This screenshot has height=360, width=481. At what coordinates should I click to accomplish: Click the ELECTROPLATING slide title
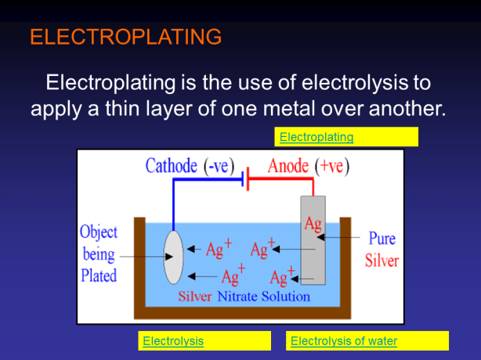click(x=125, y=37)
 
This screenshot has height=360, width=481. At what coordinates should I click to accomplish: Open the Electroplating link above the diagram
click(x=316, y=138)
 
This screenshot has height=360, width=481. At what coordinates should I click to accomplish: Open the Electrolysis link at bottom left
click(x=172, y=341)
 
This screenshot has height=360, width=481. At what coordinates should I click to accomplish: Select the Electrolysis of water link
click(x=344, y=341)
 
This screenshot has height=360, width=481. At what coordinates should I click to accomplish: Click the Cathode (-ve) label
click(x=190, y=167)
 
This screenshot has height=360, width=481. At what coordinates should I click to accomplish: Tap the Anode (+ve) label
click(x=309, y=167)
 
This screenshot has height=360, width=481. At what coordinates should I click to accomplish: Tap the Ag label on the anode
click(x=313, y=225)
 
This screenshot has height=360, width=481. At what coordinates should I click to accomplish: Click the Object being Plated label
click(x=99, y=254)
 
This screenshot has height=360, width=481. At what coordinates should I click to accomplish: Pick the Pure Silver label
click(x=382, y=249)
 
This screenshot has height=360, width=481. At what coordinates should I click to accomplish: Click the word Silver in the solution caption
click(x=195, y=297)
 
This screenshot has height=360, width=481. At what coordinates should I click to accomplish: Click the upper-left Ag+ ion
click(x=218, y=250)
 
